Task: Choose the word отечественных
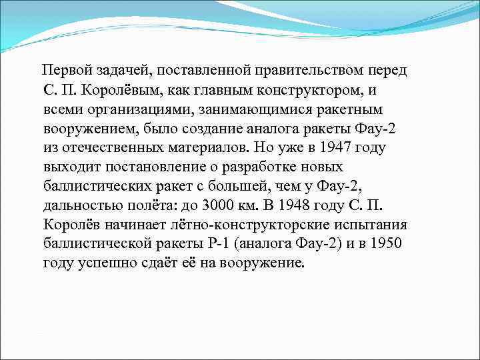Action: [x=111, y=147]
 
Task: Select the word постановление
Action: [x=157, y=166]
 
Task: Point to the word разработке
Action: [x=281, y=166]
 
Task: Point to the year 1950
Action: [x=385, y=243]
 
